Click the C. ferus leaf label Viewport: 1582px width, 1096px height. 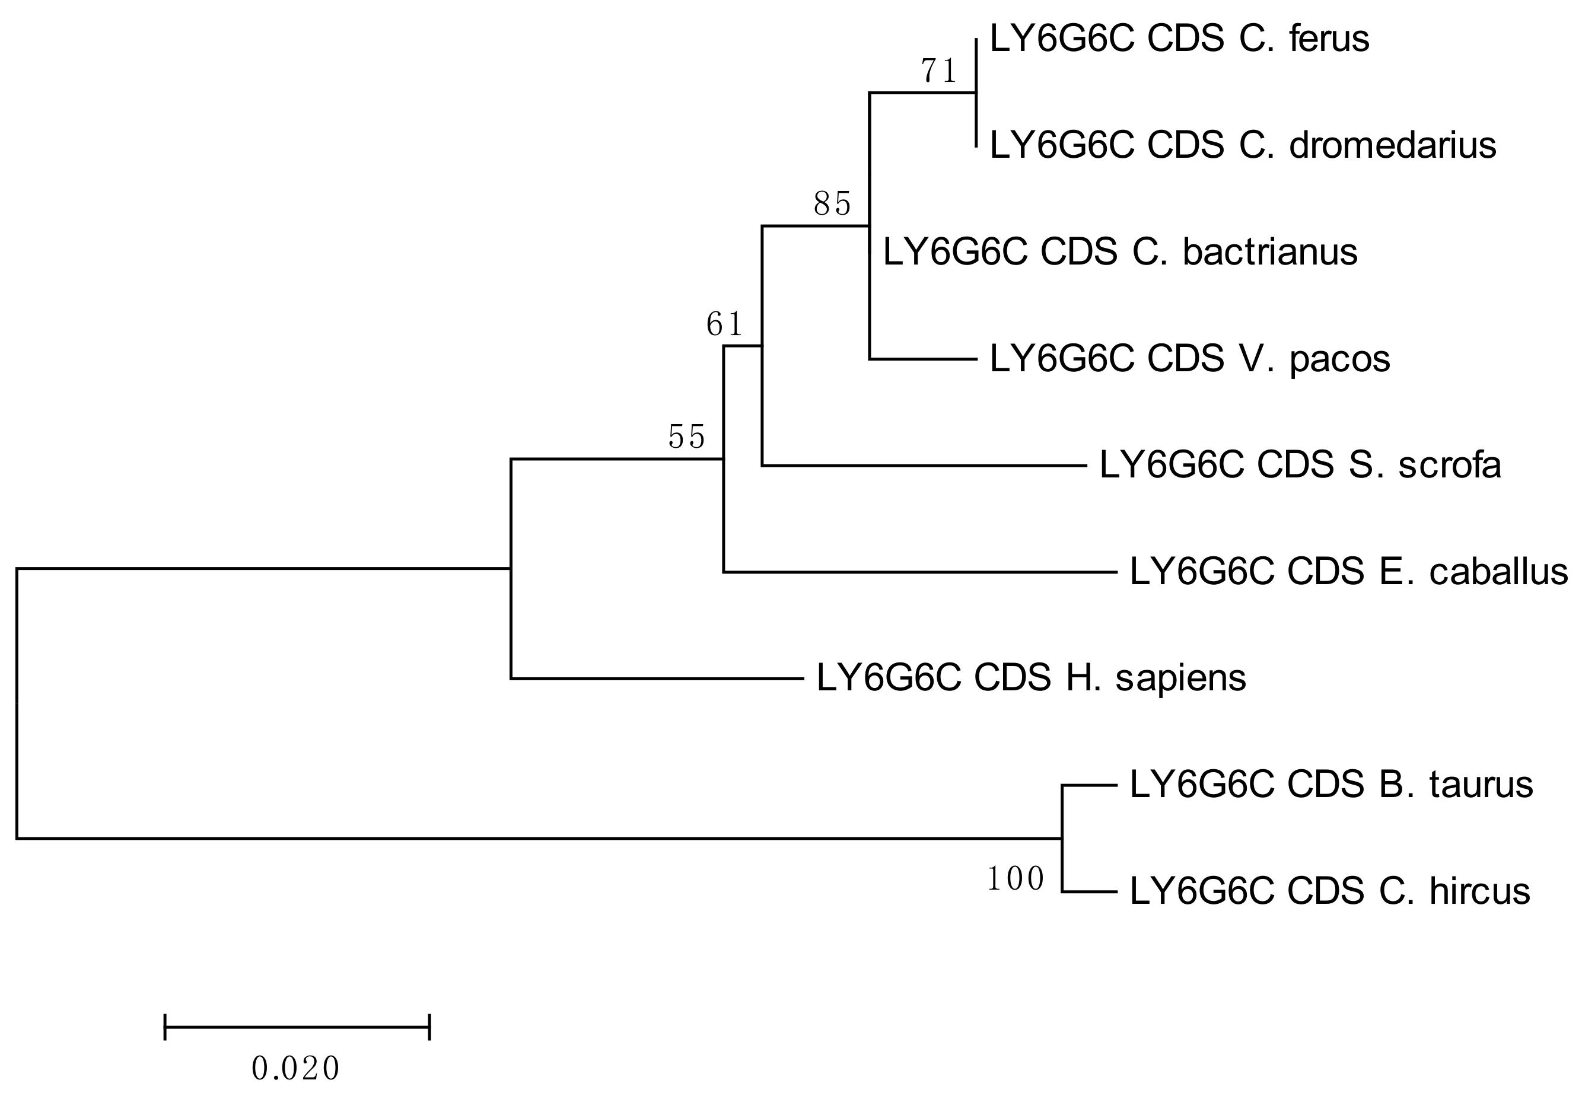point(1179,39)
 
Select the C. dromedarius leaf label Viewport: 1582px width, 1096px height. point(1242,145)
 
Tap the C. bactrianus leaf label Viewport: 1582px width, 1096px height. point(1119,252)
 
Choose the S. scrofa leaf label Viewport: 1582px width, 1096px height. point(1300,466)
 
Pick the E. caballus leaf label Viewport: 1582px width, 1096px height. point(1348,572)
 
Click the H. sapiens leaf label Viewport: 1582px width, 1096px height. point(1030,678)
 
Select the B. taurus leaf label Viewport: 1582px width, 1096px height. point(1330,784)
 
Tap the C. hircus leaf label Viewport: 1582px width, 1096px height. point(1329,891)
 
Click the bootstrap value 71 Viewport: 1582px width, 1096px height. point(938,71)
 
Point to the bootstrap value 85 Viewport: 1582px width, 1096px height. point(832,203)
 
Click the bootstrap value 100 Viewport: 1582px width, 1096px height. point(1016,879)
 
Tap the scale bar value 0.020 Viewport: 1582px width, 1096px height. point(296,1069)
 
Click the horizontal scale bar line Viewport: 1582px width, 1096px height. point(297,1027)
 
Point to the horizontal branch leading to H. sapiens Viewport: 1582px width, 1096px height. point(657,678)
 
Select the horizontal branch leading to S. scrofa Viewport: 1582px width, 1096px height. point(924,466)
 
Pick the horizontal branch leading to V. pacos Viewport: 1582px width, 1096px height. point(923,358)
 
